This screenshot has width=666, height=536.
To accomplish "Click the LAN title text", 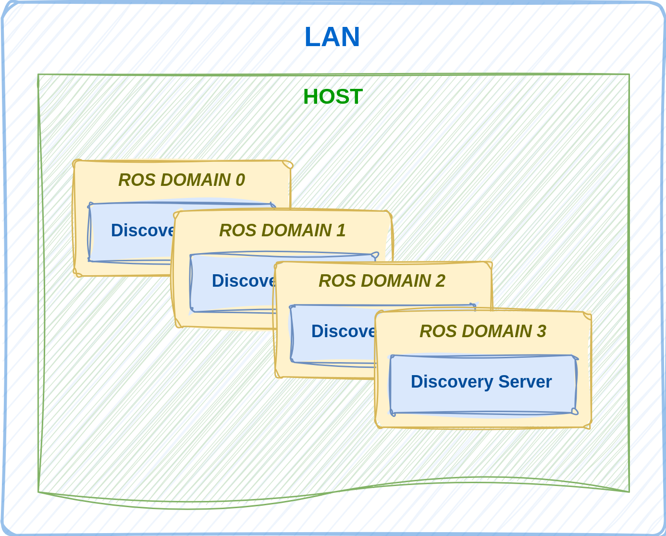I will point(332,37).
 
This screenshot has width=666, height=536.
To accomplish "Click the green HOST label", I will point(333,97).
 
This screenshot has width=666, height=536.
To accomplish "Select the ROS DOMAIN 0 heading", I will point(181,180).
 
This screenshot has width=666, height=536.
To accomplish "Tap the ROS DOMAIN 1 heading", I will point(282,231).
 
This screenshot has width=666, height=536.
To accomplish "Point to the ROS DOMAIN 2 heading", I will point(382,281).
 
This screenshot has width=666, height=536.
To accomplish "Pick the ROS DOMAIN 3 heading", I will point(482,331).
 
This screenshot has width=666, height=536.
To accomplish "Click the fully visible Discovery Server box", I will point(483,384).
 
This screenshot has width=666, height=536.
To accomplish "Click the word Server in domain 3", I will point(525,382).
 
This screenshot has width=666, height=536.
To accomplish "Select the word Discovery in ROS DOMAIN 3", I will point(452,382).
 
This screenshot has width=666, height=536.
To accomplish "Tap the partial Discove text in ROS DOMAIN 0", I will point(142,231).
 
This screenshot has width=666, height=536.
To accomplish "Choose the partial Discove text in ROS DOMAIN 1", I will point(243,281).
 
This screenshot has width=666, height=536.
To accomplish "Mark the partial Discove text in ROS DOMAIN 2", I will point(343,331).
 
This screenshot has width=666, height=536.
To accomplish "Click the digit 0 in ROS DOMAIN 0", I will point(240,180).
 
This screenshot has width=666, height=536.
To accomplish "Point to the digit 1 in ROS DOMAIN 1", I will point(341,231).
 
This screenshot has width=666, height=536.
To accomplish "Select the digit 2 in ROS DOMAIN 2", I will point(440,281).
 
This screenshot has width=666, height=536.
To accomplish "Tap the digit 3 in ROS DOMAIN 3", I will point(542,331).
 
